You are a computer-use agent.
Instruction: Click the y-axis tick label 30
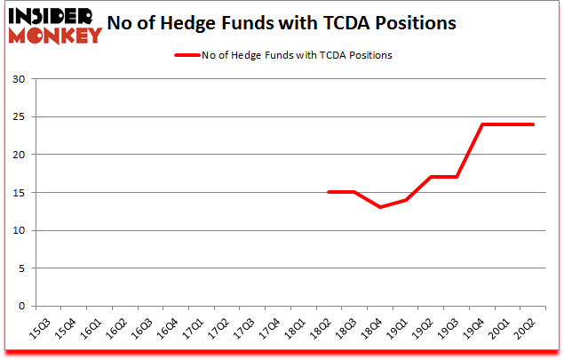(20, 79)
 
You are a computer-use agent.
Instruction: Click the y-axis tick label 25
(20, 117)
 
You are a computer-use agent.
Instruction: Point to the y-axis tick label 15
(20, 193)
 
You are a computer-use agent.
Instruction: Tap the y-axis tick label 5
(23, 268)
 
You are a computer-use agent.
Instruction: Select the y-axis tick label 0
(23, 307)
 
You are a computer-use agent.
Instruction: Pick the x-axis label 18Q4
(374, 328)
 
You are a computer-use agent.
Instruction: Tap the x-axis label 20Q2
(528, 328)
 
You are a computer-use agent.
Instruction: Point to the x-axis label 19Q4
(477, 328)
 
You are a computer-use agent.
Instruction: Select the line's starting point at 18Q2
(329, 192)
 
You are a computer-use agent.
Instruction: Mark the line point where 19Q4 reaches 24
(482, 124)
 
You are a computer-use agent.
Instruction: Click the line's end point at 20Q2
(534, 124)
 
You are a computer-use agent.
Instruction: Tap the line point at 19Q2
(432, 177)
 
